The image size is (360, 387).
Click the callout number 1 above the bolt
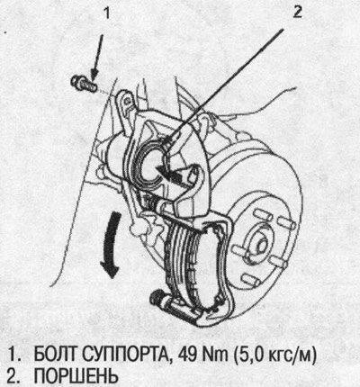point(106,14)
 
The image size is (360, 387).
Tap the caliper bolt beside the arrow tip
point(83,82)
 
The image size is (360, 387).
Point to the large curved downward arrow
point(111,245)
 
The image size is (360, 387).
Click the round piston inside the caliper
point(151,165)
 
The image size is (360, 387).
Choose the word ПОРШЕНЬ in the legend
point(76,375)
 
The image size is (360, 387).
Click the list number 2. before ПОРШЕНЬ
point(13,375)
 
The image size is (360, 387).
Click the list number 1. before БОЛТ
point(13,355)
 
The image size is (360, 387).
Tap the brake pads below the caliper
point(192,264)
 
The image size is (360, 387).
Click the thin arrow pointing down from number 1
point(97,58)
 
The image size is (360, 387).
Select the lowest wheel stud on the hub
point(250,280)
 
